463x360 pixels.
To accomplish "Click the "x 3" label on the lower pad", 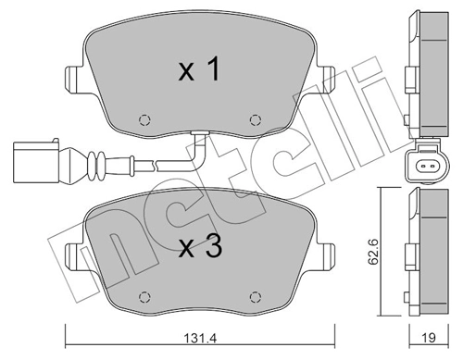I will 197,247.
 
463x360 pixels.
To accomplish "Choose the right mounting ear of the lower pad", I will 325,254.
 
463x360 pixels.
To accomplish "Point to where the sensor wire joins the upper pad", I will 197,136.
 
